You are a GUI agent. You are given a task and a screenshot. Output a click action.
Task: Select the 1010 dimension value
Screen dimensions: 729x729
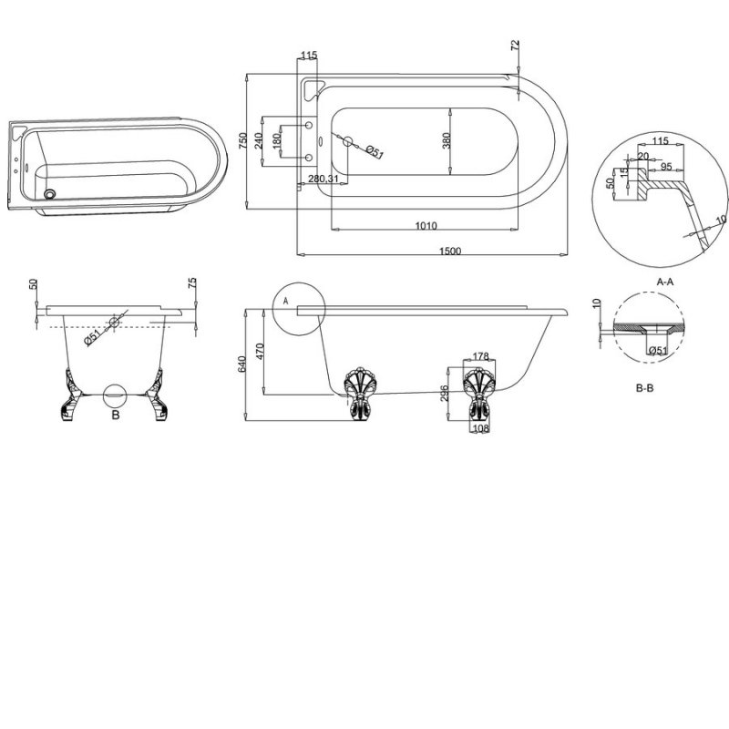426,226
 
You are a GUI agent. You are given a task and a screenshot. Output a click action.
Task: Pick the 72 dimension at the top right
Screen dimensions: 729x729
516,46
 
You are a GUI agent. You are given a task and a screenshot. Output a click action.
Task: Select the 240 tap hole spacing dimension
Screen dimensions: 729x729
258,140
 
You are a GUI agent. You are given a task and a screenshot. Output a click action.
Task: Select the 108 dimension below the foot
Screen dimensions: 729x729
479,427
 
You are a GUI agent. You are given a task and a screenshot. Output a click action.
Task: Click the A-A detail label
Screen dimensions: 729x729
664,282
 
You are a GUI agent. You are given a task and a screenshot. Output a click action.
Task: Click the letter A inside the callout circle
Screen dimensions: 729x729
285,299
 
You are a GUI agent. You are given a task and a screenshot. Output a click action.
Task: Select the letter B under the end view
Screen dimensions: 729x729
116,415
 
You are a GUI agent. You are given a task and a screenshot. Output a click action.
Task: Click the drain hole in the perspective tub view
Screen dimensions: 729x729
51,192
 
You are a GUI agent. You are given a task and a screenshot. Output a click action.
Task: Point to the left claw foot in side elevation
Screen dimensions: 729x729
356,392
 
